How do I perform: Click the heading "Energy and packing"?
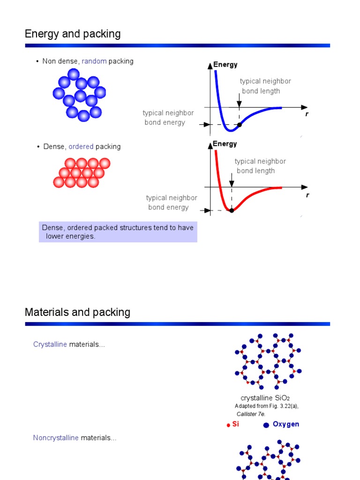[73, 34]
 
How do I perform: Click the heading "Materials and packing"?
[77, 312]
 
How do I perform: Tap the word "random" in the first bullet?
[94, 61]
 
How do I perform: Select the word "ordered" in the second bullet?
[81, 146]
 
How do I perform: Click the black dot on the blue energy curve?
[240, 125]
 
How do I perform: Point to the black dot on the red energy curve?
[232, 210]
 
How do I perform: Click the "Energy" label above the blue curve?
[225, 65]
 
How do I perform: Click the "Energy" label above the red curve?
[225, 144]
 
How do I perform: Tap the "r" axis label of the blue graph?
[307, 114]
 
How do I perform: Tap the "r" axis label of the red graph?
[307, 195]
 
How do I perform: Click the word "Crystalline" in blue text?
[50, 345]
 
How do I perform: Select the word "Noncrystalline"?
[56, 438]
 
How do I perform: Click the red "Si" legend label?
[236, 424]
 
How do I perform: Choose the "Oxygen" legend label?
[286, 424]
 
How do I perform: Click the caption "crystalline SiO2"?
[262, 398]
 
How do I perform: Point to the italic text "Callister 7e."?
[251, 414]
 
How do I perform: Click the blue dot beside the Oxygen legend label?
[266, 425]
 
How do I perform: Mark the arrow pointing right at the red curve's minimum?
[206, 210]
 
